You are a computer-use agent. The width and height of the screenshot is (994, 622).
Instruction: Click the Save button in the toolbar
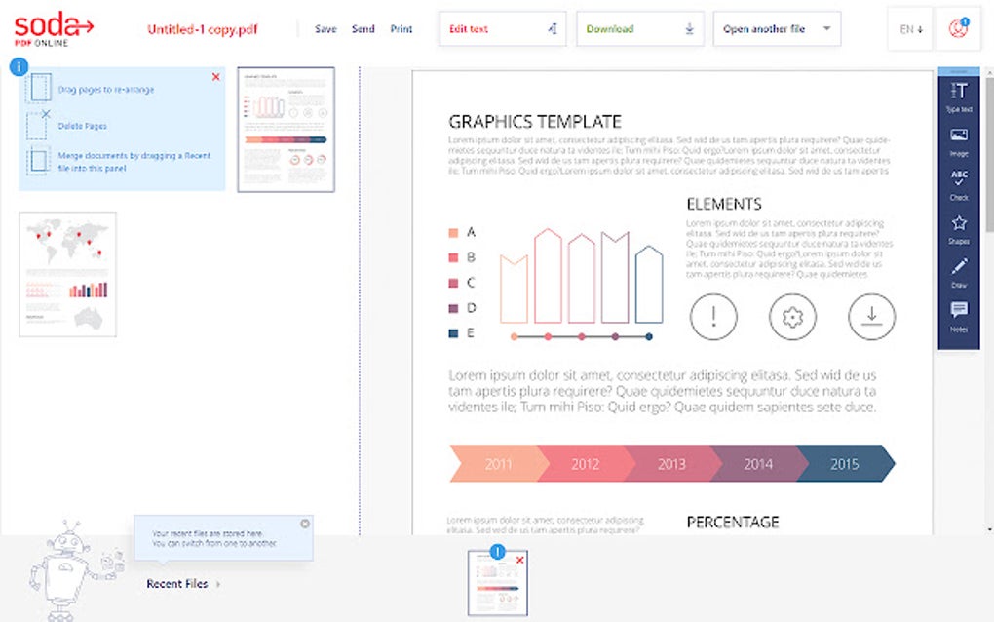coord(325,29)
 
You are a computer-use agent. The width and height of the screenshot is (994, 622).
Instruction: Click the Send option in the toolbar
coord(363,29)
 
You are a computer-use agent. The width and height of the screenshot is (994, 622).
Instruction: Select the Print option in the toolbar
coord(401,29)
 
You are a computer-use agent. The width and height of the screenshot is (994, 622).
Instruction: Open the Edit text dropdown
coord(502,29)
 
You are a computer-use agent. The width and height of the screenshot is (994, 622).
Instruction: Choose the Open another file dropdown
coord(777,29)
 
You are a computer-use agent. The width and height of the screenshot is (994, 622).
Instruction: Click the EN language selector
coord(910,29)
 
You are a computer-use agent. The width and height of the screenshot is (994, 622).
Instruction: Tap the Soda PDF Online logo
coord(54,29)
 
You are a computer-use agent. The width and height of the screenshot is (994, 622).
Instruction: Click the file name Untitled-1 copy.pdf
coord(202,29)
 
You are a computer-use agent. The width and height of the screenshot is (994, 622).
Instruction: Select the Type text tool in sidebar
coord(959,97)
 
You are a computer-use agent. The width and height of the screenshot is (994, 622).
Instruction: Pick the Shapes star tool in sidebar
coord(959,228)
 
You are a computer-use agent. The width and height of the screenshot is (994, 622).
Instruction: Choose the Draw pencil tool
coord(959,271)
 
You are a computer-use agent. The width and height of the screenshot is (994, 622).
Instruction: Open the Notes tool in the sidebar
coord(959,315)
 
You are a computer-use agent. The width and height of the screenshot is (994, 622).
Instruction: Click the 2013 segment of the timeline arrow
coord(671,464)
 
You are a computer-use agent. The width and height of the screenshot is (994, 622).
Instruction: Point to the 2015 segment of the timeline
coord(844,464)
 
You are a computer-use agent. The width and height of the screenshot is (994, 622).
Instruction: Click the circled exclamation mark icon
coord(713,316)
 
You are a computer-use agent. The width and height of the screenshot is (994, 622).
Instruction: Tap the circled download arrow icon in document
coord(871,316)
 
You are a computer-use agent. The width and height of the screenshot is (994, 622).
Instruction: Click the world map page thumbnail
coord(67,274)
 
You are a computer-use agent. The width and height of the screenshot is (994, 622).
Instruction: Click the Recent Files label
coord(177,584)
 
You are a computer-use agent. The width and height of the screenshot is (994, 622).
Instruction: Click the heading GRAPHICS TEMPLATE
coord(534,122)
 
